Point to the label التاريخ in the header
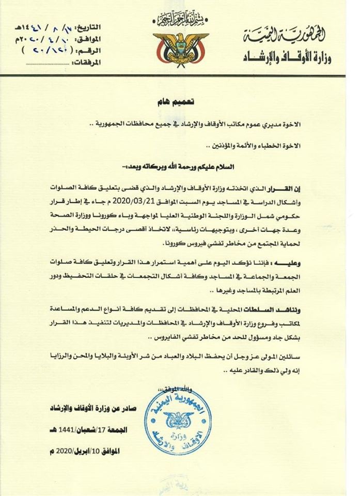click(90, 27)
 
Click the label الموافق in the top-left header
click(91, 39)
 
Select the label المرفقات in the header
click(88, 63)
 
